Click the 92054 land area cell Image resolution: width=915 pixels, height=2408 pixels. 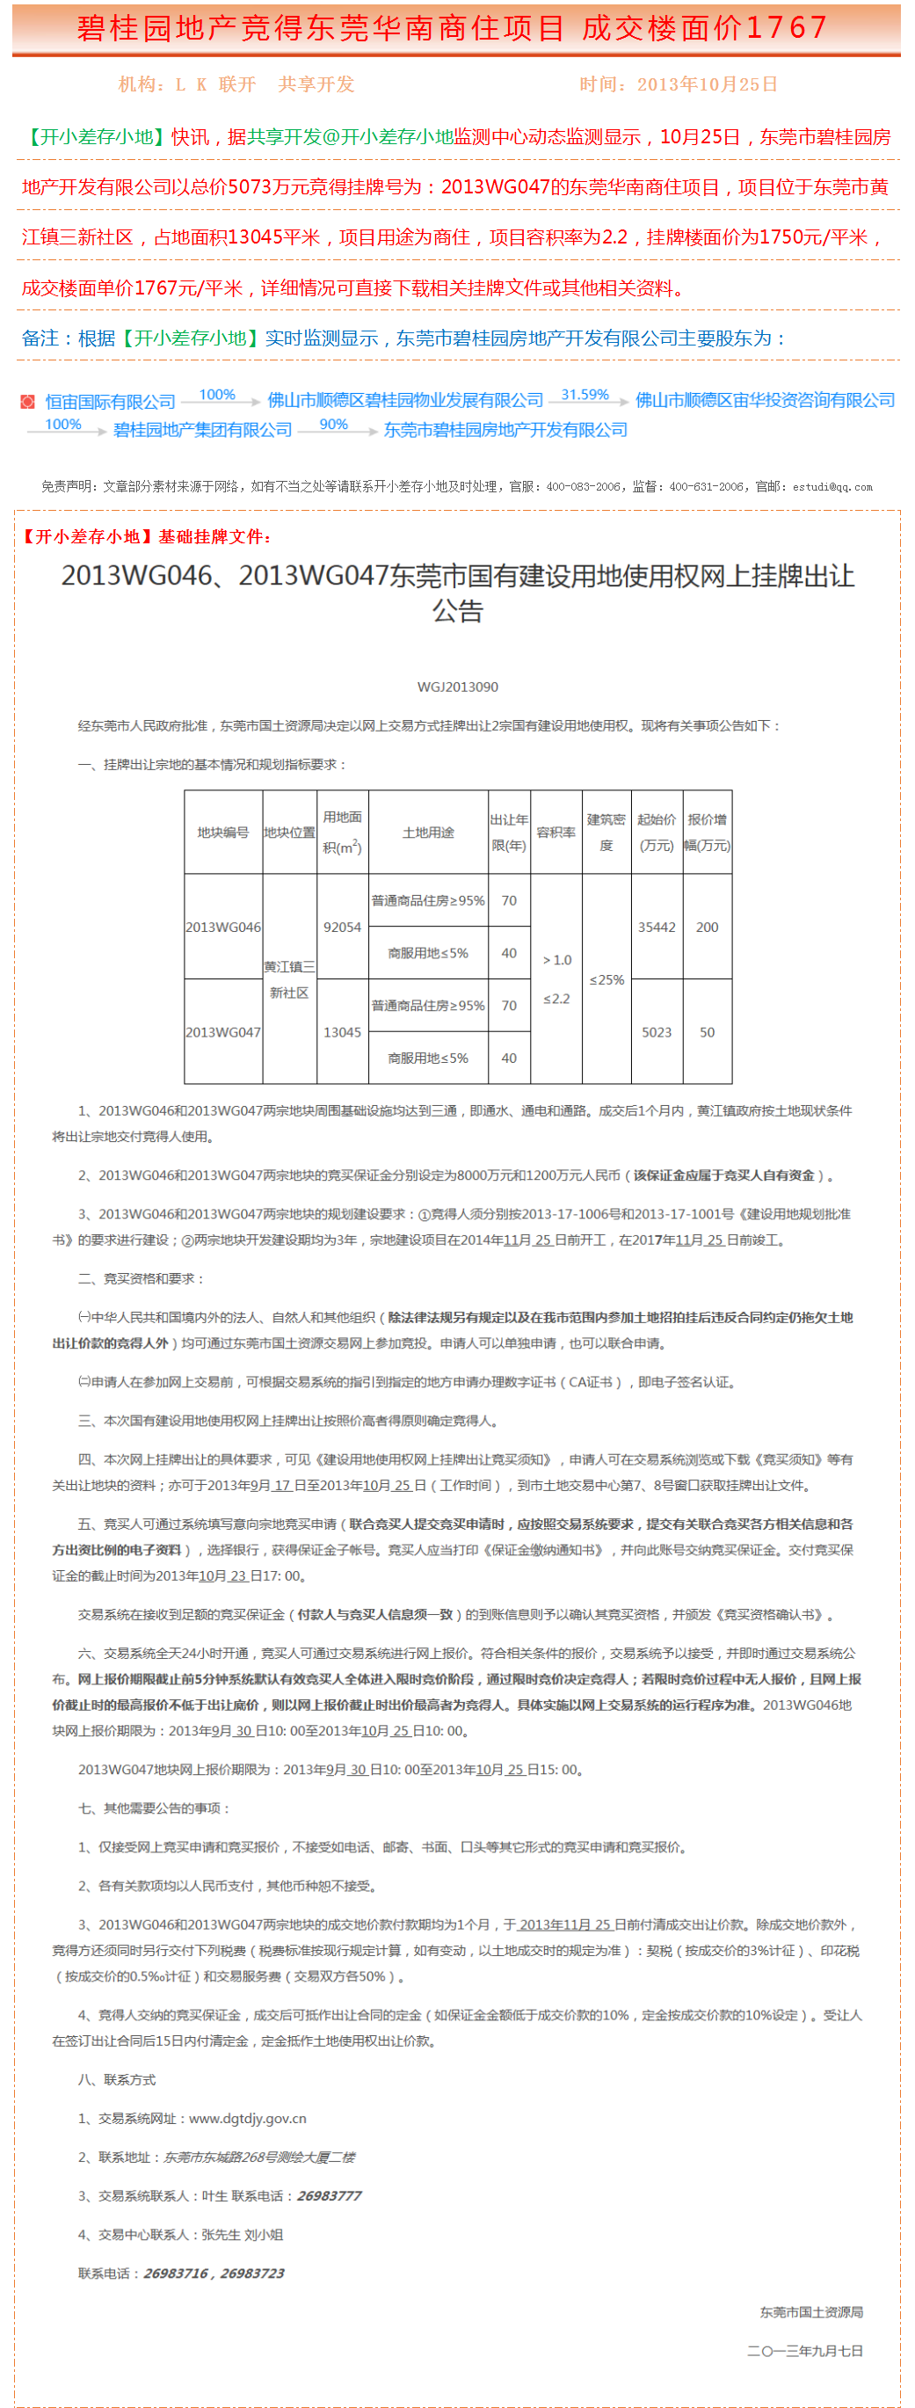point(342,927)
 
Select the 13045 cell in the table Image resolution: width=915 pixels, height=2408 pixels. point(342,1032)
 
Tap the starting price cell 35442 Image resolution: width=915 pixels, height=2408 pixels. point(656,927)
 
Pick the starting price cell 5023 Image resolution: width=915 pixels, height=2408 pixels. point(656,1032)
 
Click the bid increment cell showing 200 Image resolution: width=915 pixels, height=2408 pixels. point(707,927)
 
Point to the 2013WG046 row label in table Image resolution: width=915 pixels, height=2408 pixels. point(223,927)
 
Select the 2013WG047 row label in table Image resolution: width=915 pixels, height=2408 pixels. point(223,1032)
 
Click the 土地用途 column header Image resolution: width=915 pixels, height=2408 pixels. point(428,832)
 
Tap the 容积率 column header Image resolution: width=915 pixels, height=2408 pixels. point(556,832)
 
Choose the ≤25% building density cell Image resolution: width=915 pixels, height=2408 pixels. point(606,979)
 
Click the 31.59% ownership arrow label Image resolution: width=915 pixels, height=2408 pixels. point(585,395)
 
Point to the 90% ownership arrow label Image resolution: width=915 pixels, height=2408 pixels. point(334,424)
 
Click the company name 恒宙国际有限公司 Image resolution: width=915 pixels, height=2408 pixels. point(110,401)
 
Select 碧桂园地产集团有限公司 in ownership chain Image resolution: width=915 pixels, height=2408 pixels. point(203,430)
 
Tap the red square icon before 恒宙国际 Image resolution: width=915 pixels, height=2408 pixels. point(28,402)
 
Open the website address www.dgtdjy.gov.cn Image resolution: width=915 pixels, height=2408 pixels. point(248,2118)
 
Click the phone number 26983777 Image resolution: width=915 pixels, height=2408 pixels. point(328,2196)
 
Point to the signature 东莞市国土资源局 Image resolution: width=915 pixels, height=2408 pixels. point(810,2311)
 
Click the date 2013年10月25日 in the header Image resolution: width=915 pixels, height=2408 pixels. point(707,84)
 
